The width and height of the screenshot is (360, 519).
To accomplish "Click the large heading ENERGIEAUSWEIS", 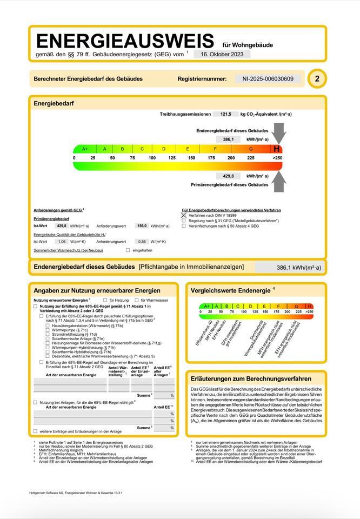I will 126,41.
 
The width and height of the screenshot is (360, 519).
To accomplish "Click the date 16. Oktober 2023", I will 222,54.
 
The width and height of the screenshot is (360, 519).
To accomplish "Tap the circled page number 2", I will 317,79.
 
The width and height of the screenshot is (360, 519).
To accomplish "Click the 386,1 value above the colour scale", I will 228,139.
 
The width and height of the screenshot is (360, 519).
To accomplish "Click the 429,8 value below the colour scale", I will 228,176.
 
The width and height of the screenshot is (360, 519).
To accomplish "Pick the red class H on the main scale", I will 277,149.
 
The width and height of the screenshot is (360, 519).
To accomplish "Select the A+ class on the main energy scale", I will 85,149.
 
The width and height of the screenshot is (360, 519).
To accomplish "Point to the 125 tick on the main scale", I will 172,158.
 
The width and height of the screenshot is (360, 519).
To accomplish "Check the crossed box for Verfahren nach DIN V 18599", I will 184,215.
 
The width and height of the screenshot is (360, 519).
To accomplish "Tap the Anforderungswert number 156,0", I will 142,226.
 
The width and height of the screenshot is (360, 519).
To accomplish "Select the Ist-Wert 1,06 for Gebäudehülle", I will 62,242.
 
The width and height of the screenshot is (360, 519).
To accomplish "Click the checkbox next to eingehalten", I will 128,250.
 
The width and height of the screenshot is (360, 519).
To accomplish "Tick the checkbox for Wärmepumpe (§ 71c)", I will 48,330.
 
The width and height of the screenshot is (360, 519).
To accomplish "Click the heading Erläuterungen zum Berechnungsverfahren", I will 251,378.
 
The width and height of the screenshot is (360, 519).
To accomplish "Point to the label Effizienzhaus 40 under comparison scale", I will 204,333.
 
